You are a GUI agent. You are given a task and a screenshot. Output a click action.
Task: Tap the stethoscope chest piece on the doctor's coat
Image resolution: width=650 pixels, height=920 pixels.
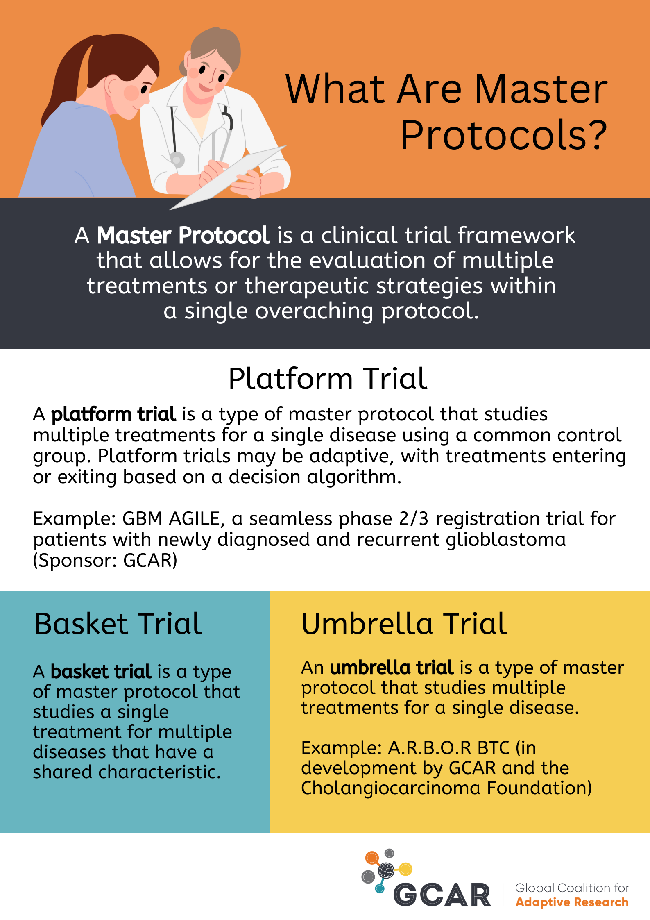[177, 159]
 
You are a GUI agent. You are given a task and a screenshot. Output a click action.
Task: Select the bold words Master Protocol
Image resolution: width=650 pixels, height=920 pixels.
[183, 235]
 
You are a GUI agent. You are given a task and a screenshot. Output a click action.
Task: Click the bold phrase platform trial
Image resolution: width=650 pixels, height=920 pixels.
[113, 414]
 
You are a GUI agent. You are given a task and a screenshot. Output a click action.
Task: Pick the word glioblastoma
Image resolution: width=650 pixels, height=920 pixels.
[506, 540]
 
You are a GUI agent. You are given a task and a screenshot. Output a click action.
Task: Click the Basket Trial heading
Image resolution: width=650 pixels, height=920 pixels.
[118, 624]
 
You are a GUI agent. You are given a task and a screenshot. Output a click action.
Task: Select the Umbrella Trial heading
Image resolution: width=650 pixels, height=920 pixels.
[404, 624]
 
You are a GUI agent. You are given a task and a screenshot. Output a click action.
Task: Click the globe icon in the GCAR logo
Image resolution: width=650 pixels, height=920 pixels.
[386, 869]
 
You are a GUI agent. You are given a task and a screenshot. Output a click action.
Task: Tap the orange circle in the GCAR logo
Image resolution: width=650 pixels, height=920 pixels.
[372, 857]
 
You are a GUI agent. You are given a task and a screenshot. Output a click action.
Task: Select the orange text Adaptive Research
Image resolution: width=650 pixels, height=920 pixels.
[572, 902]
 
